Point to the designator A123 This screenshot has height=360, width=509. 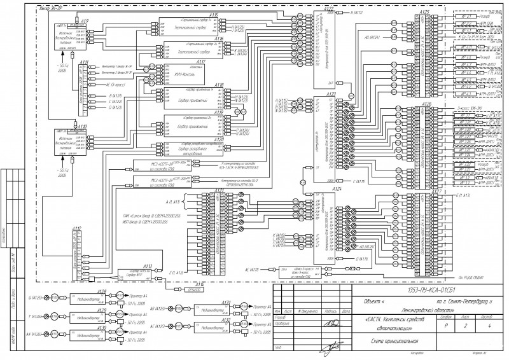(x=330, y=94)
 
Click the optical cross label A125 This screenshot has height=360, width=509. (x=425, y=11)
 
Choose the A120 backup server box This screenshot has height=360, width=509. (x=189, y=149)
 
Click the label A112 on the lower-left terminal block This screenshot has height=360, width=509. (x=76, y=228)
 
